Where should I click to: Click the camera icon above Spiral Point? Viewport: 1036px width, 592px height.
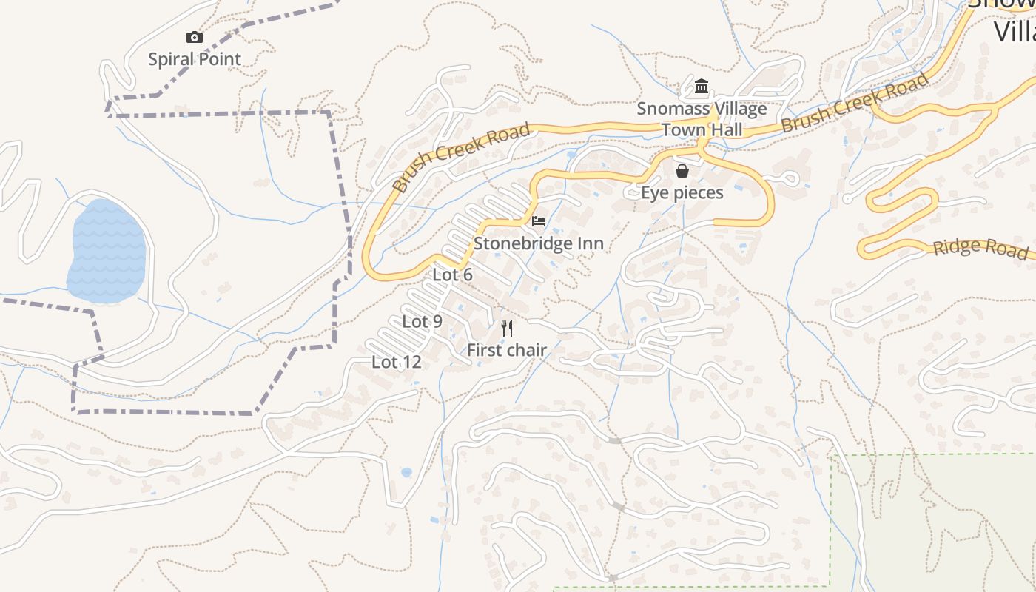click(194, 37)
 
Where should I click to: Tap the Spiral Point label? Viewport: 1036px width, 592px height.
click(194, 59)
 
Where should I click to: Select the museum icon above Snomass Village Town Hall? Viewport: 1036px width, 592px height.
click(702, 87)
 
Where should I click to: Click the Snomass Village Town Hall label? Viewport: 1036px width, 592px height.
click(702, 119)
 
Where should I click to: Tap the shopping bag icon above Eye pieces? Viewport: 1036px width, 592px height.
click(682, 172)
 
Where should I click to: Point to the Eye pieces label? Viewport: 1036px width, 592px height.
click(682, 193)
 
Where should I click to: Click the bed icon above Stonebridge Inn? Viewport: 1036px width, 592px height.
click(539, 221)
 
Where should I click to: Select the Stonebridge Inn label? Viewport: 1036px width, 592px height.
click(538, 243)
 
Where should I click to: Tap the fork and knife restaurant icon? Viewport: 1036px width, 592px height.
click(507, 328)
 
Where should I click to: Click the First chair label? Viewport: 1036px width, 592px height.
click(507, 350)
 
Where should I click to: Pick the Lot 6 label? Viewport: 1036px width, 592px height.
click(452, 275)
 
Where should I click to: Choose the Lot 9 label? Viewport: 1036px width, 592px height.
click(422, 321)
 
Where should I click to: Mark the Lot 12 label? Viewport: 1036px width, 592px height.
click(396, 362)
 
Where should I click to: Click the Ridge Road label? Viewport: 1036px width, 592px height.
click(980, 247)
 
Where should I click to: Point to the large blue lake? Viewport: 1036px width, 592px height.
click(107, 252)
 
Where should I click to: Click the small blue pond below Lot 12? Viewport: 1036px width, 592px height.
click(406, 471)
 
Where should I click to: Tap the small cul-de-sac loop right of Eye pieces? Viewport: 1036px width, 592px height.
click(789, 178)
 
